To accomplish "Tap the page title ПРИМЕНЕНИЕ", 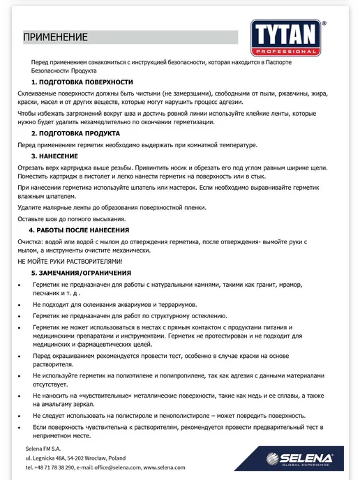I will [x=56, y=37].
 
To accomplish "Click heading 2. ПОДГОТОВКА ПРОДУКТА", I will [x=75, y=133].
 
